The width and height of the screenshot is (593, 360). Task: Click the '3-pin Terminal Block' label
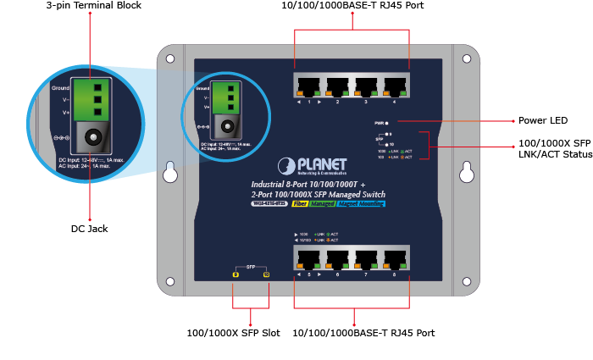(93, 6)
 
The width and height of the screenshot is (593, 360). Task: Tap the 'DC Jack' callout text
(89, 229)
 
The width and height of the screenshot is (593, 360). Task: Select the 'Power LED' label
(542, 121)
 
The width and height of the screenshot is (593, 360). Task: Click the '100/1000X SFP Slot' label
(233, 333)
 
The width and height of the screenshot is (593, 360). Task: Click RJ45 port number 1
(309, 86)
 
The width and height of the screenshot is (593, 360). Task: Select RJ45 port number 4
(395, 86)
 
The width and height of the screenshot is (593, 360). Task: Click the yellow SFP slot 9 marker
(236, 274)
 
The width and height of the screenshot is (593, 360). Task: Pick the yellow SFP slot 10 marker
(266, 274)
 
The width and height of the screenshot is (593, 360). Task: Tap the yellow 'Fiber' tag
(300, 203)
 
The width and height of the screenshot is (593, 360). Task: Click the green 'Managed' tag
(323, 203)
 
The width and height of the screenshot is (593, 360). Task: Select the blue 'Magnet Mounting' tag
(361, 203)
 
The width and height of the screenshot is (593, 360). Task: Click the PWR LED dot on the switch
(387, 124)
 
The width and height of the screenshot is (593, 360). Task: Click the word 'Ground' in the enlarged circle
(60, 87)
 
